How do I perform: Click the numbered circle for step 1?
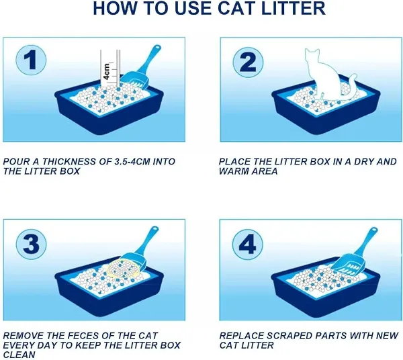pos(31,60)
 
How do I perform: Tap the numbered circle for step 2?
pos(248,62)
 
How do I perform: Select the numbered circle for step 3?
pos(31,243)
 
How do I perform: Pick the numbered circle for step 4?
pos(248,244)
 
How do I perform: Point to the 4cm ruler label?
pos(106,71)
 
